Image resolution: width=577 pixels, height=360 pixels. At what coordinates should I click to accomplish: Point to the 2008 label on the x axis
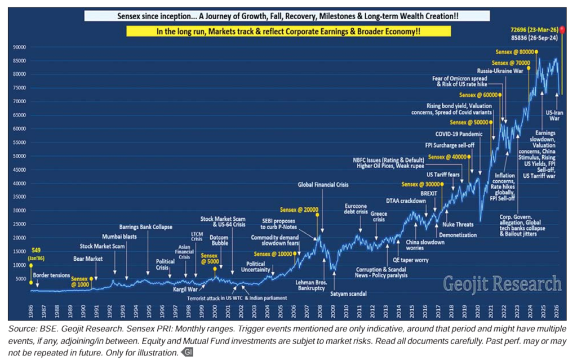320,311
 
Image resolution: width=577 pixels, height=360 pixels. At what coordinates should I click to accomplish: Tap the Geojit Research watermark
502,283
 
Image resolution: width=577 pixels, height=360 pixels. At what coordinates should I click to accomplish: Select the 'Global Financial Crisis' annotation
323,184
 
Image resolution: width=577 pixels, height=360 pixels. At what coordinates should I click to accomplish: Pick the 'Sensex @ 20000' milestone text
302,209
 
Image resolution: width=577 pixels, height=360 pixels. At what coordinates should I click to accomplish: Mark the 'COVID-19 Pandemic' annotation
459,134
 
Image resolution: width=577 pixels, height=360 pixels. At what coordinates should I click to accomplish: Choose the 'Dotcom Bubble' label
219,241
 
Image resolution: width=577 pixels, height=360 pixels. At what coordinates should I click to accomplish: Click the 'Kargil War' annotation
184,290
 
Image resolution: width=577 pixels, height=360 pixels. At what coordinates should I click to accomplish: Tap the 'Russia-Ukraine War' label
501,72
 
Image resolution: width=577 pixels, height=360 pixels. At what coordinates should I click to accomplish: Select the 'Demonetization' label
458,235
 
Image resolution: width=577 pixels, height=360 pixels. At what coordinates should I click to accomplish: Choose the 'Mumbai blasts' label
119,237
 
